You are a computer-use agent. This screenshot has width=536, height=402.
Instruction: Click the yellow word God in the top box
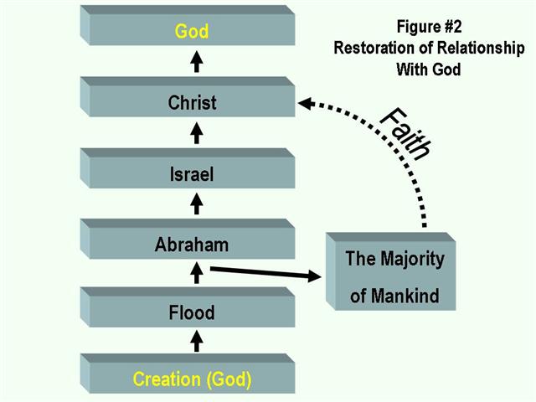tap(192, 32)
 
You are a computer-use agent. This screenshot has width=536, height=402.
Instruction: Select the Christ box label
tap(192, 103)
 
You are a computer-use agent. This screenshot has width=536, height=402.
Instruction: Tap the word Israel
tap(192, 174)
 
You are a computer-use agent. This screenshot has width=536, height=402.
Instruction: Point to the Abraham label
tap(192, 245)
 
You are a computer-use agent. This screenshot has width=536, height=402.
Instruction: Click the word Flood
tap(192, 313)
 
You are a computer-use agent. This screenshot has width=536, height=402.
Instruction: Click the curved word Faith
tap(405, 132)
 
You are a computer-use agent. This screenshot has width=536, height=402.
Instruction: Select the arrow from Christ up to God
tap(197, 63)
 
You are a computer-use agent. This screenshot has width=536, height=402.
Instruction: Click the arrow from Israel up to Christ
tap(197, 134)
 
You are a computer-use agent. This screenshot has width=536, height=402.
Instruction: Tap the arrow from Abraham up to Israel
tap(197, 204)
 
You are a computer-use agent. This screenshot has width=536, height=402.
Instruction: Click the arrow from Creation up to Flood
tap(197, 341)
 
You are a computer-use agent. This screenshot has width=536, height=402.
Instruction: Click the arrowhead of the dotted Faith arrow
tap(307, 104)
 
